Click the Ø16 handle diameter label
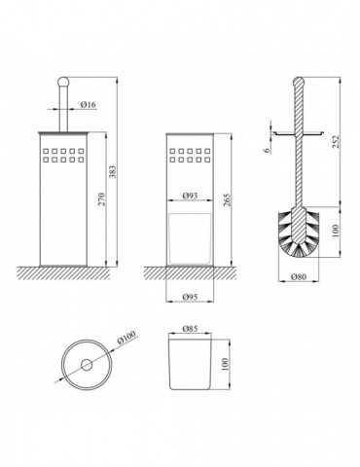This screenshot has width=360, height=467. pos(89,104)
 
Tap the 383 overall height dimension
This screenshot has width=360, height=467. pos(113,171)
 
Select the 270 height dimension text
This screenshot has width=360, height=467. pos(102,199)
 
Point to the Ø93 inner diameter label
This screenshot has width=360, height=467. pos(190,196)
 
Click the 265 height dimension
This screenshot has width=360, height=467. pos(227,200)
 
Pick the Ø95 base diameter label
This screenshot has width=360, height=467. pos(190,297)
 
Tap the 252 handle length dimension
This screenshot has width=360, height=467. pos(337,141)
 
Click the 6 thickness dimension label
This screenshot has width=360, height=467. pos(267,150)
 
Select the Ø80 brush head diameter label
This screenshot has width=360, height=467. pos(299,276)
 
